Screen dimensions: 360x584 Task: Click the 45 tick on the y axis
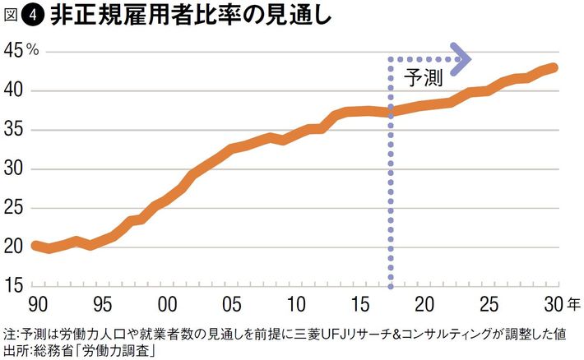tap(14, 51)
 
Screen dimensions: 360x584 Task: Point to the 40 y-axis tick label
tap(14, 90)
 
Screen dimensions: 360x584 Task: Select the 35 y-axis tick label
tap(14, 130)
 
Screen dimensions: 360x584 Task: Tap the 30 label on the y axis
tap(14, 169)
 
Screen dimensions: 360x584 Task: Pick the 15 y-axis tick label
tap(14, 286)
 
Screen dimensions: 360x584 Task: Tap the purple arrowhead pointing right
tap(461, 58)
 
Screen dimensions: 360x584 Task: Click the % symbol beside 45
tap(33, 51)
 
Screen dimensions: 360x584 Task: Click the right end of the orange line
tap(556, 67)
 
